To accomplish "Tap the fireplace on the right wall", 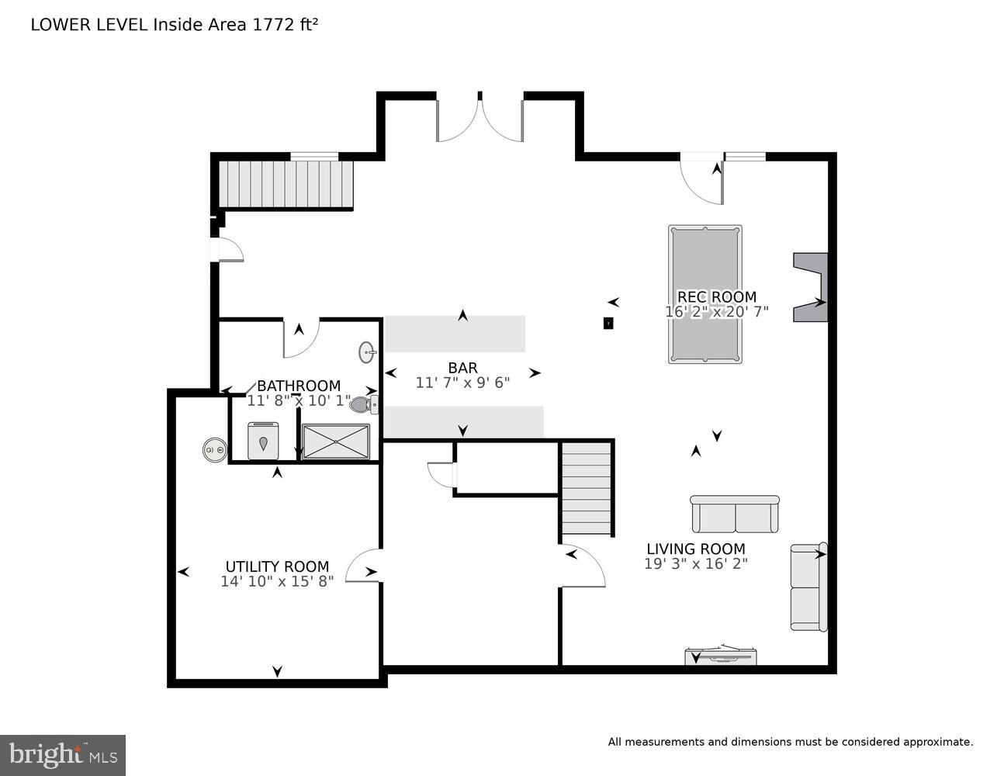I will [x=812, y=287].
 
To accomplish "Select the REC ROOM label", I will [x=716, y=296].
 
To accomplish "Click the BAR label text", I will [x=462, y=368].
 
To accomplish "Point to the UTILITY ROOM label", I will [x=277, y=566].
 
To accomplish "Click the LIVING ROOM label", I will [x=695, y=549].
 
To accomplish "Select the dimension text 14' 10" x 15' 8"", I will [x=277, y=581].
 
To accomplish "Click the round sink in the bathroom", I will [x=367, y=353].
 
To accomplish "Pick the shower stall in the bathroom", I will [x=335, y=442].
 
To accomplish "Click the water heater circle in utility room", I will [x=215, y=449].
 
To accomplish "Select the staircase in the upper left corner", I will [x=285, y=184].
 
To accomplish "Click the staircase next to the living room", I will [x=587, y=488].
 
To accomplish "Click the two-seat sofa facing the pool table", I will [x=734, y=514].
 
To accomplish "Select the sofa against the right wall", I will [x=808, y=587].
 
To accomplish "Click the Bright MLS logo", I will [x=62, y=755].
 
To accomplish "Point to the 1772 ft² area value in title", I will [x=284, y=24].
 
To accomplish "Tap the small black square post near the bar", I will [x=608, y=324].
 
